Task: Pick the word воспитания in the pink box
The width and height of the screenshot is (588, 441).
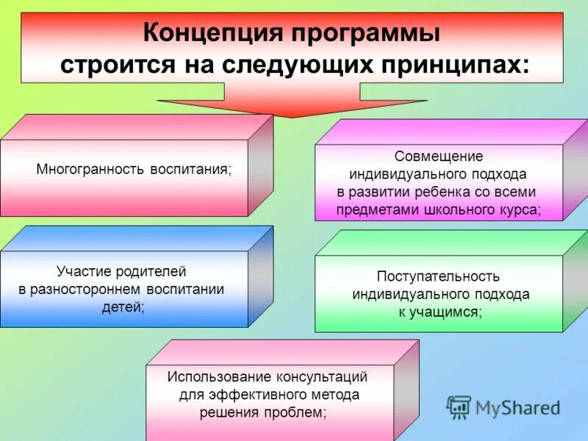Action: tap(190, 169)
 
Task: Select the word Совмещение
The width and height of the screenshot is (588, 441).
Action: tap(439, 157)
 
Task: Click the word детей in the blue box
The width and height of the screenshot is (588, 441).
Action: tap(123, 307)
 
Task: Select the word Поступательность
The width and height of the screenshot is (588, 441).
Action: tap(439, 276)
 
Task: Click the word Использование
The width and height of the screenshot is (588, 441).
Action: tap(219, 377)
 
